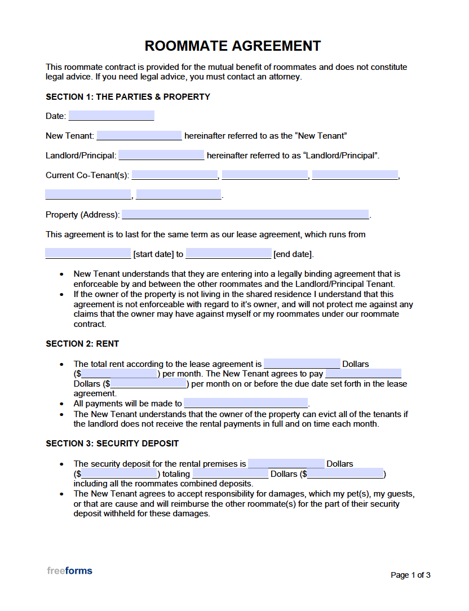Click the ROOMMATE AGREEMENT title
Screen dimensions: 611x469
pos(233,46)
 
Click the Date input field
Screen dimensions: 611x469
pos(111,116)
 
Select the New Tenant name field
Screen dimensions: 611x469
pos(139,136)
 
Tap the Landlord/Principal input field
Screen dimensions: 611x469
pos(161,156)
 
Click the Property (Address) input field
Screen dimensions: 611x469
pos(245,215)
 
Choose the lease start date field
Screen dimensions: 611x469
pos(88,254)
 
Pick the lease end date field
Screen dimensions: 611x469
pos(228,254)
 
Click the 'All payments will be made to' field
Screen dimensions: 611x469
pos(246,404)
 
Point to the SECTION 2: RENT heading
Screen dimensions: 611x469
pos(82,344)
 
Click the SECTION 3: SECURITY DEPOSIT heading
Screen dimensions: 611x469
pos(112,444)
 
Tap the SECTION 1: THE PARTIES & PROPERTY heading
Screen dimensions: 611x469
pos(128,97)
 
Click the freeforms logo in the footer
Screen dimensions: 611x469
pos(69,571)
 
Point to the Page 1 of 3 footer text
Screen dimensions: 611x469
pos(410,575)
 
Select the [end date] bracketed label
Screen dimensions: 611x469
pos(293,254)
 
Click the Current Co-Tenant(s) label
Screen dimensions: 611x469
pos(87,175)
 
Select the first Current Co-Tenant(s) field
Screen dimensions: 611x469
pos(174,175)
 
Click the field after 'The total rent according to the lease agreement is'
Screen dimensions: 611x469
pos(302,364)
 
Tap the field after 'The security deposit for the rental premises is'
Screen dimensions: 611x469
pos(286,464)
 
